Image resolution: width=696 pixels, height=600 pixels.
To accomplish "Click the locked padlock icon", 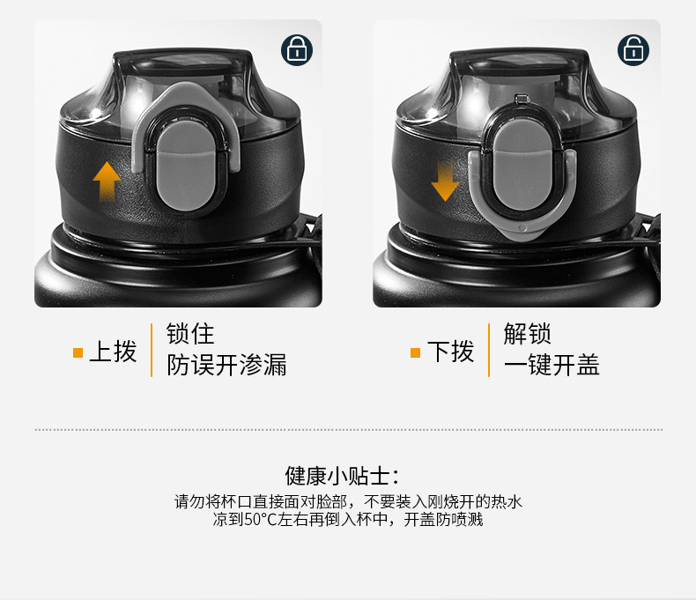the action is click(x=297, y=50).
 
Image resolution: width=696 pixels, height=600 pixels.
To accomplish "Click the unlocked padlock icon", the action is click(x=633, y=50).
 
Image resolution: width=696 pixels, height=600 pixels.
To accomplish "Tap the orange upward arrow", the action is click(x=107, y=181).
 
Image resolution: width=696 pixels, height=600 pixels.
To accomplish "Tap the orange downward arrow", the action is click(x=445, y=181).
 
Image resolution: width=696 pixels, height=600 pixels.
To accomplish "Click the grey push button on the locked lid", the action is click(x=186, y=165).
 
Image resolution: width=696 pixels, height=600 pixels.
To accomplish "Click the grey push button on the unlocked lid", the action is click(x=523, y=165).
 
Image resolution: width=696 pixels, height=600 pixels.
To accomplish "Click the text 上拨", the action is click(x=113, y=352).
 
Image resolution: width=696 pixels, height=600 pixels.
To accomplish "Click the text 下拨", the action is click(x=450, y=352).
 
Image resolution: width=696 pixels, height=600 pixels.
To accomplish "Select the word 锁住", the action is click(x=190, y=334).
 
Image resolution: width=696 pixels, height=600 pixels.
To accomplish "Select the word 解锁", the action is click(x=528, y=334).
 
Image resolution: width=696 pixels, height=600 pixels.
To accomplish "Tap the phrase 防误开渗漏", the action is click(x=226, y=365).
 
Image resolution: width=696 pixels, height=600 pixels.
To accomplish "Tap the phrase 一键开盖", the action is click(x=552, y=365).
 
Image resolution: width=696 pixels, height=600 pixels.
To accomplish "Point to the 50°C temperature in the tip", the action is click(x=261, y=519).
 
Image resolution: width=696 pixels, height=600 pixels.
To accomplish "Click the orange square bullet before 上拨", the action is click(x=78, y=352).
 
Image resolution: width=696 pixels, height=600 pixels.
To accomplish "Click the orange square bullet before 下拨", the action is click(x=416, y=352).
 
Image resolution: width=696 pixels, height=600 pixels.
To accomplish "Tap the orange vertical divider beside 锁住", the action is click(x=152, y=350).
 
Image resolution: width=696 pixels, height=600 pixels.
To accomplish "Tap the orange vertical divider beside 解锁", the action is click(x=489, y=350).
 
